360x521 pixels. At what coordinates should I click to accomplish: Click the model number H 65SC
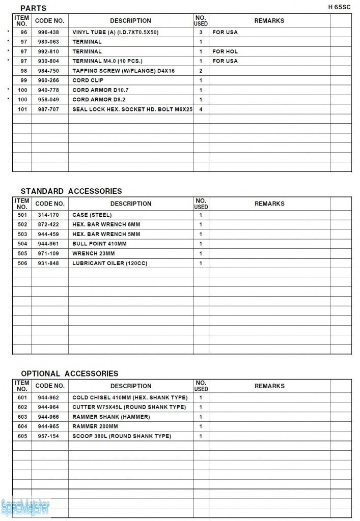(x=340, y=7)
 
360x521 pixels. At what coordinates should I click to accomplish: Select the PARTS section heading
(x=33, y=8)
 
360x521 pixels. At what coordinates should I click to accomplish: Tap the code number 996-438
(x=48, y=32)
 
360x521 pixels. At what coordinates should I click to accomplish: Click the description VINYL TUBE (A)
(x=116, y=32)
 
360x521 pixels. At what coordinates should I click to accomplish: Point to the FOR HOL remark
(x=225, y=51)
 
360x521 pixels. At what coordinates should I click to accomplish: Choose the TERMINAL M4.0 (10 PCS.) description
(x=107, y=61)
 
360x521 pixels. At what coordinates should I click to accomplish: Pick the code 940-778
(x=48, y=90)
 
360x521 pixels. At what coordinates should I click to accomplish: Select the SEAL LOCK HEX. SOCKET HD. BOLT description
(x=132, y=109)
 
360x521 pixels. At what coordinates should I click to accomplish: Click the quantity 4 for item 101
(x=201, y=109)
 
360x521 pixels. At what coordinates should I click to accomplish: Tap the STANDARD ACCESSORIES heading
(x=71, y=191)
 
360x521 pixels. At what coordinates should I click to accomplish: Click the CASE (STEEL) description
(x=92, y=215)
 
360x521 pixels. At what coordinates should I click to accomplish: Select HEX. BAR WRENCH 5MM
(x=106, y=235)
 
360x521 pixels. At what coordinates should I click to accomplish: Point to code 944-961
(x=48, y=244)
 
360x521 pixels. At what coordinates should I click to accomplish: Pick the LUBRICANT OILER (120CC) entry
(x=109, y=264)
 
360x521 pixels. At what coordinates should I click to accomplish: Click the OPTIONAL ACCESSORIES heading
(x=69, y=373)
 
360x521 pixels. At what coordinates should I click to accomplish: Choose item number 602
(x=22, y=407)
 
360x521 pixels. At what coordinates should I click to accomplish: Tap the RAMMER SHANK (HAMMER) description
(x=111, y=417)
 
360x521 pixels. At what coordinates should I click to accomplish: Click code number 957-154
(x=48, y=436)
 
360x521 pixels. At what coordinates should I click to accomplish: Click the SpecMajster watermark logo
(x=25, y=507)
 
